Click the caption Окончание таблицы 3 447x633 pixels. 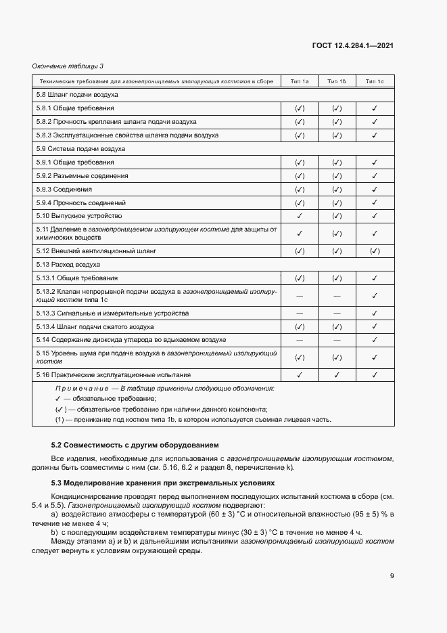pyautogui.click(x=68, y=66)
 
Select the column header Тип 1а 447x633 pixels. pyautogui.click(x=300, y=81)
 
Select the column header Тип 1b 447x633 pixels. pyautogui.click(x=337, y=81)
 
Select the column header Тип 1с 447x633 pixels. pyautogui.click(x=375, y=81)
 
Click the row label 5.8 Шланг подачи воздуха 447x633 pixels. pyautogui.click(x=78, y=95)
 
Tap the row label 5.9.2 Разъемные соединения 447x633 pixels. pyautogui.click(x=82, y=176)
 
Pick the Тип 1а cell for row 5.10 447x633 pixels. pyautogui.click(x=300, y=216)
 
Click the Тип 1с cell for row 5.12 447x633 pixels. pyautogui.click(x=375, y=250)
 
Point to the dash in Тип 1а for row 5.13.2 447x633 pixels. pyautogui.click(x=300, y=296)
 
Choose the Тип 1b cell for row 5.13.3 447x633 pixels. pyautogui.click(x=337, y=313)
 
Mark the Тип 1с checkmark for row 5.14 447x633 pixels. pyautogui.click(x=375, y=339)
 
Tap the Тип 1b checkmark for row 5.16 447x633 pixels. pyautogui.click(x=337, y=374)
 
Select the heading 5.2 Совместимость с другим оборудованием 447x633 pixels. pyautogui.click(x=135, y=445)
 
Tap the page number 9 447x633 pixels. pyautogui.click(x=392, y=575)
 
